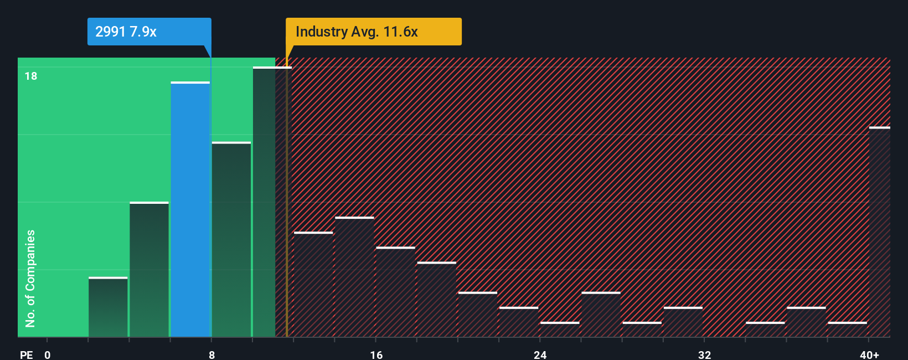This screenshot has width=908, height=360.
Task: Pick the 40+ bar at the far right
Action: click(879, 232)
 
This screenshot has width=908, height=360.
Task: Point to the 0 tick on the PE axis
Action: click(48, 354)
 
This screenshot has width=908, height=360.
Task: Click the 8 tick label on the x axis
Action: click(211, 354)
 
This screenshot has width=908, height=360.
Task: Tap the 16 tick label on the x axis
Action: click(376, 354)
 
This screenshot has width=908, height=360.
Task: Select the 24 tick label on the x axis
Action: click(540, 354)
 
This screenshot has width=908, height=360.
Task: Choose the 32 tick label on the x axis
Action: click(704, 354)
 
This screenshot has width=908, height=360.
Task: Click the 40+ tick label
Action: click(869, 354)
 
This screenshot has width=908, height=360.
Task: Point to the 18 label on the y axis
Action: click(31, 76)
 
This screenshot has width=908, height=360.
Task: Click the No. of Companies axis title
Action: click(30, 278)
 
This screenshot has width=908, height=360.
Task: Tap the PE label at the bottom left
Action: click(26, 354)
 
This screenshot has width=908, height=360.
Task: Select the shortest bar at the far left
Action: click(108, 307)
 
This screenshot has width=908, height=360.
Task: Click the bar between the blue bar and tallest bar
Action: click(231, 239)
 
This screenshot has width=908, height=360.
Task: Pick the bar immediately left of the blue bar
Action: click(149, 269)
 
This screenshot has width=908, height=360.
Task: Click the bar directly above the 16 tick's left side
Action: click(354, 277)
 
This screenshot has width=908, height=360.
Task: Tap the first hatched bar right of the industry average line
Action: click(313, 284)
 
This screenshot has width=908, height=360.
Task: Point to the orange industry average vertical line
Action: click(287, 199)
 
